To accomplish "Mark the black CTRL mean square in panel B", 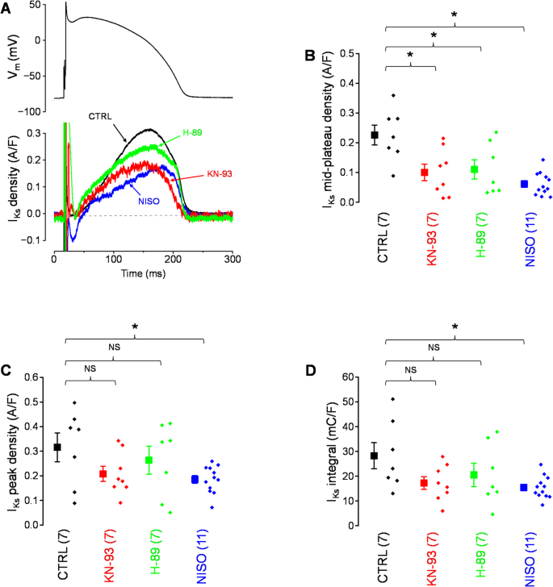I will click(x=374, y=135).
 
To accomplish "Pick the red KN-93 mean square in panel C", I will click(x=103, y=474).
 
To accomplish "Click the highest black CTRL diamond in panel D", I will click(x=393, y=399).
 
